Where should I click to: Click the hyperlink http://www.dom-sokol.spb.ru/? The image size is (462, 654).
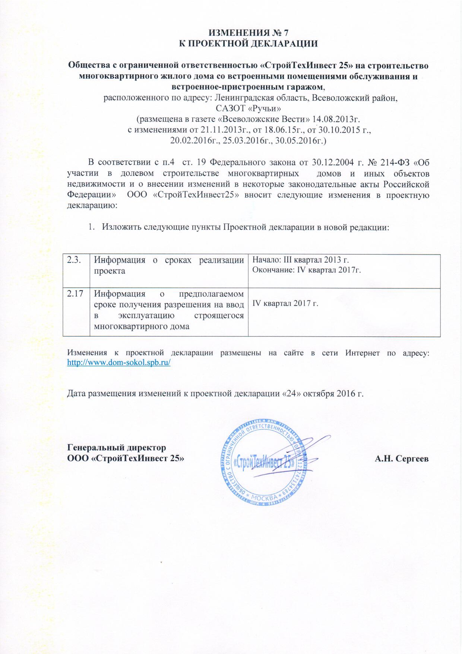(118, 362)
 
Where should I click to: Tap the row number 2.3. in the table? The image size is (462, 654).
(74, 260)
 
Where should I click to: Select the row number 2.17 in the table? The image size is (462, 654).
(75, 294)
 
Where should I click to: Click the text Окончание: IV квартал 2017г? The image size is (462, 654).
(306, 270)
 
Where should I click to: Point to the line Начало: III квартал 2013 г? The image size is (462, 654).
(300, 260)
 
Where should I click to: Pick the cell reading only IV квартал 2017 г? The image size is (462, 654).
(285, 303)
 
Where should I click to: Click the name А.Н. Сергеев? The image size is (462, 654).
(401, 458)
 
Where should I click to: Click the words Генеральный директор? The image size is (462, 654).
(116, 448)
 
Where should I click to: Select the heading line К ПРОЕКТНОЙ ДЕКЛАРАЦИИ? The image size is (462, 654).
(248, 44)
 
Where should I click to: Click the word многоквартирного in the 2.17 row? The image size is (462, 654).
(142, 326)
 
